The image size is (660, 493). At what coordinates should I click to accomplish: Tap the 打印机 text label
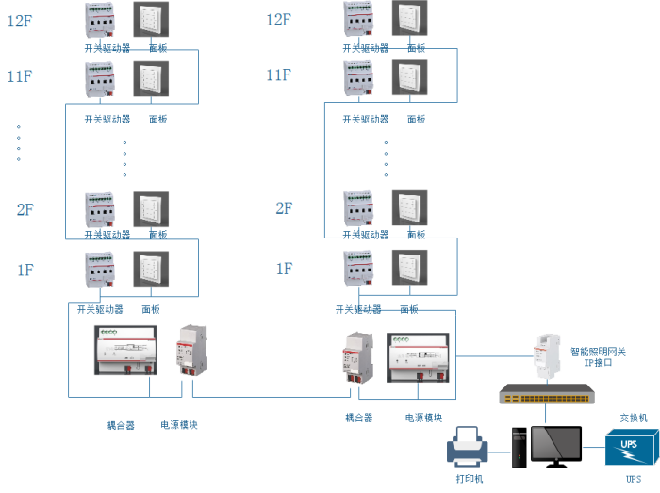tap(470, 479)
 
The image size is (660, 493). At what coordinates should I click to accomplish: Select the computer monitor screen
tap(556, 445)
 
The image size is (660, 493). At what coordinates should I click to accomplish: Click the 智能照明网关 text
tap(598, 352)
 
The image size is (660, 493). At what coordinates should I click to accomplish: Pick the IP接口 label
tap(598, 363)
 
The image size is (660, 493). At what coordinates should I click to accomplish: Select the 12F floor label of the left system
tap(21, 20)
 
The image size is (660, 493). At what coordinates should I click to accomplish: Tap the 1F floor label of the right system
tap(284, 270)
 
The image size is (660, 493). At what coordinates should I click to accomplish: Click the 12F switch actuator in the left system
tap(100, 22)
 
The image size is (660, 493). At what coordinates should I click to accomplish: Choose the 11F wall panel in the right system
tap(410, 79)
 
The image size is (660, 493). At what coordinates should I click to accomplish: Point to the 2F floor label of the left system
tap(25, 208)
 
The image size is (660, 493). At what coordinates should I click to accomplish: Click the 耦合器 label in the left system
tap(120, 425)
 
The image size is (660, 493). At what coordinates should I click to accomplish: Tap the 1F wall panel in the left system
tap(151, 271)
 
